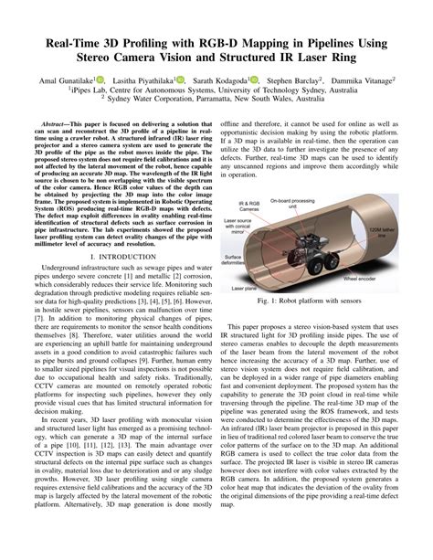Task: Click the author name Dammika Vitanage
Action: click(364, 79)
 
